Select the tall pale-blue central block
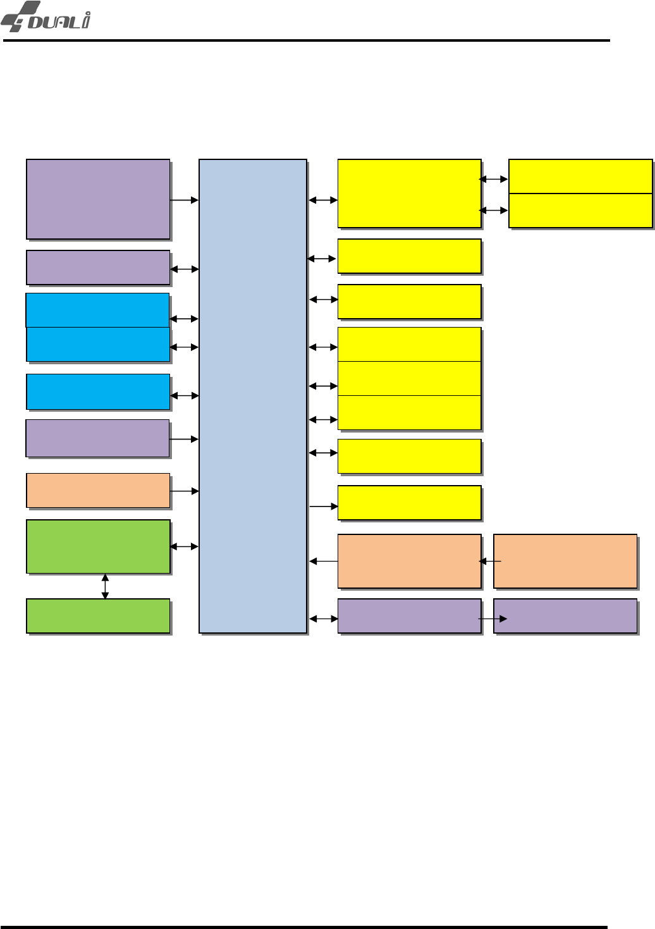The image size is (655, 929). (253, 396)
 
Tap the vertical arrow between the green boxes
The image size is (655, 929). (105, 586)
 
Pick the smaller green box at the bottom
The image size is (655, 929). (98, 616)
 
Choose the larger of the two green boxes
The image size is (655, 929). (98, 546)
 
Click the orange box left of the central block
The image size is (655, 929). (98, 491)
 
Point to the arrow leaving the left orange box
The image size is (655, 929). (185, 491)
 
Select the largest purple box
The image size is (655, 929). (98, 199)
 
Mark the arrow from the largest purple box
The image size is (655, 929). (185, 200)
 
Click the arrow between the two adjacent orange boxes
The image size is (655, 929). (490, 561)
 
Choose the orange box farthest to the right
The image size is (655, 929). (565, 562)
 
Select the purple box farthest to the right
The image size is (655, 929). (565, 616)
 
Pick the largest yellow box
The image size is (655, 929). (410, 194)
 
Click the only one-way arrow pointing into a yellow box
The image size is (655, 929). (324, 507)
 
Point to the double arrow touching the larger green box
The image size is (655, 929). (185, 546)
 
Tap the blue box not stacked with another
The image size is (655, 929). (98, 392)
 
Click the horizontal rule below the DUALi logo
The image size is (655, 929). (307, 40)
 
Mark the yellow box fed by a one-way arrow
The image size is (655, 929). (410, 503)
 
